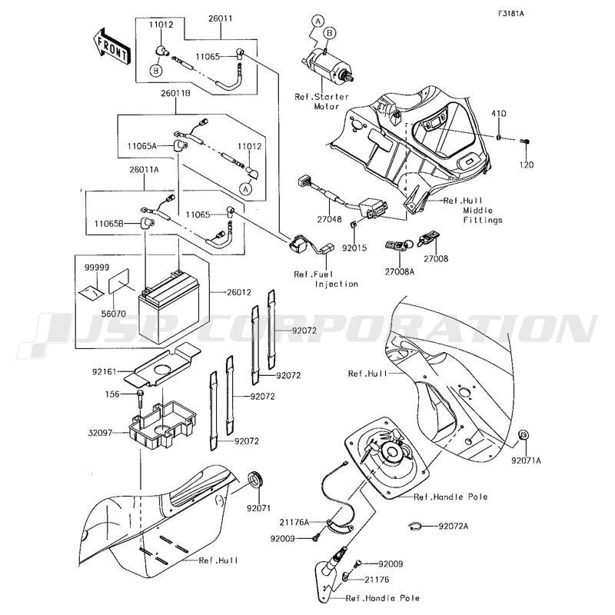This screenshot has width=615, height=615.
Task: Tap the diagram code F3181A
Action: click(510, 14)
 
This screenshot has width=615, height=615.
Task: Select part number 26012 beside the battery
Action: click(239, 293)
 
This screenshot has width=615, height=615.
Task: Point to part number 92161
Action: click(105, 371)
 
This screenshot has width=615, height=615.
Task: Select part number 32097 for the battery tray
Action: click(100, 433)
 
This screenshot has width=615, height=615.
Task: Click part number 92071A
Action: click(526, 460)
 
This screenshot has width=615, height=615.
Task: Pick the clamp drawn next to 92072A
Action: click(414, 527)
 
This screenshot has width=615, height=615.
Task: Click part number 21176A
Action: click(294, 523)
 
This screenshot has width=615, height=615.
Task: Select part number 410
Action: click(499, 114)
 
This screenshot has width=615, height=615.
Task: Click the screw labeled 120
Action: click(525, 141)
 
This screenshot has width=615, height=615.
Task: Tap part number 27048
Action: click(330, 220)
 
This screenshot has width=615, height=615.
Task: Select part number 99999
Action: click(97, 267)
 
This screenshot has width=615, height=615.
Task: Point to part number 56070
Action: click(113, 314)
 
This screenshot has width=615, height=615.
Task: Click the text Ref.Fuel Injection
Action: click(326, 279)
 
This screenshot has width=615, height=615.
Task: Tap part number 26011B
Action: click(175, 94)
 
